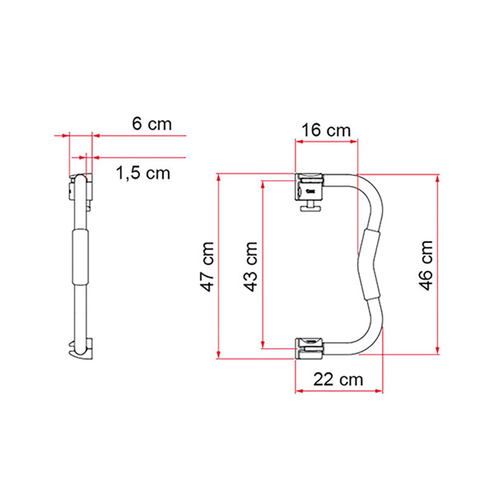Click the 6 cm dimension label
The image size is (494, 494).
click(152, 124)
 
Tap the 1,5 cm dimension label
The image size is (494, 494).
click(143, 173)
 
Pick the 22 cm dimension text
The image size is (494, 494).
click(338, 379)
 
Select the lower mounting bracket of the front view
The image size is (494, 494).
click(310, 348)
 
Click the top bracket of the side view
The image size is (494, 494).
click(81, 187)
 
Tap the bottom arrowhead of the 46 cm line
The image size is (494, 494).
click(437, 350)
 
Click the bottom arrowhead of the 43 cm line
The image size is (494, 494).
click(263, 344)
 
